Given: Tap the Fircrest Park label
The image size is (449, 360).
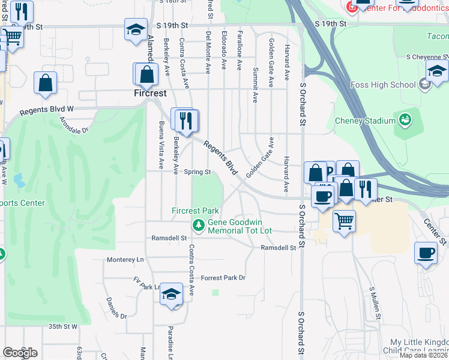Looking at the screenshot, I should click(195, 211).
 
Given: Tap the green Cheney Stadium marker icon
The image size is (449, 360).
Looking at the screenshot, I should click(405, 119).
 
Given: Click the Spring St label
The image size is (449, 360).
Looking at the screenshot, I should click(197, 172).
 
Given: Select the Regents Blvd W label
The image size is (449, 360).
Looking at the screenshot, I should click(46, 110).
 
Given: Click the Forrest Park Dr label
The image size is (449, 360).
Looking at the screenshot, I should click(223, 278).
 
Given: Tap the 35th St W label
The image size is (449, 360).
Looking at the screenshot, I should click(63, 326).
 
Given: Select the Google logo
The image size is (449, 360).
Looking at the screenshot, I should click(20, 352).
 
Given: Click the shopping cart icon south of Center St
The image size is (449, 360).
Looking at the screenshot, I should click(344, 221).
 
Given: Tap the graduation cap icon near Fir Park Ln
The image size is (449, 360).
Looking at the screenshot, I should click(172, 293).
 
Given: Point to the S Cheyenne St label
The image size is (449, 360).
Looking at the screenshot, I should click(427, 57).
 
